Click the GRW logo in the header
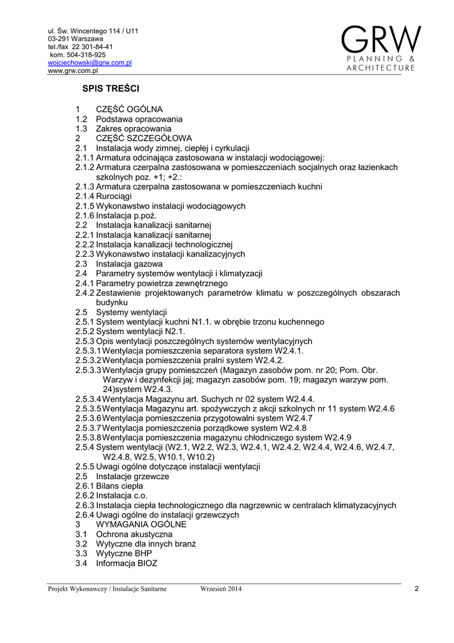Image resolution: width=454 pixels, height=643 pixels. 381,48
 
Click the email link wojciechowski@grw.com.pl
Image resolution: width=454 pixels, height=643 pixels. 90,63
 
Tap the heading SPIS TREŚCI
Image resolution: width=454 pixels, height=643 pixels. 110,89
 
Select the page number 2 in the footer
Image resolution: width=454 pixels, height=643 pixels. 416,588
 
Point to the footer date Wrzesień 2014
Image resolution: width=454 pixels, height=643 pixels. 221,588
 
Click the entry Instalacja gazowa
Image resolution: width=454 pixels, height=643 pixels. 129,264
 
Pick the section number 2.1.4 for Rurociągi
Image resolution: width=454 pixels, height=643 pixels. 85,197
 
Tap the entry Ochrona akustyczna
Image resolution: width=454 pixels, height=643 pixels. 134,534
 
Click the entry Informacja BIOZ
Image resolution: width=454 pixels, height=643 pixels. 127,563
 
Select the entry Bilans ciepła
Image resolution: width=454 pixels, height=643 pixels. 120,486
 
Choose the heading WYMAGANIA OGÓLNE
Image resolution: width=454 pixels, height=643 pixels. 141,524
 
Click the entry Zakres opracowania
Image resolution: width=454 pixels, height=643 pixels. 134,129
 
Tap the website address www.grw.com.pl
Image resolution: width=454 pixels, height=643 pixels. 74,71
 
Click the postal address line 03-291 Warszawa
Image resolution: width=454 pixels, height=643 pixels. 76,38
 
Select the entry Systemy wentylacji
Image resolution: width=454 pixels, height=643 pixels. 132,312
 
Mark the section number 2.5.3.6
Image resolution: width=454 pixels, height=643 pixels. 88,418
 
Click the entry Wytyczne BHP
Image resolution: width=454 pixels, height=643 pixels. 124,554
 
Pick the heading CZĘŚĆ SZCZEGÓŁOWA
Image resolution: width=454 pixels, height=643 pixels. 144,138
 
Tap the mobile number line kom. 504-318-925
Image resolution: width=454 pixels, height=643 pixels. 78,55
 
